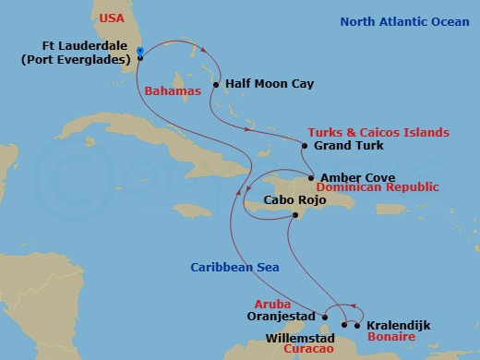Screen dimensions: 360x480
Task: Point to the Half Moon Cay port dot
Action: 215,85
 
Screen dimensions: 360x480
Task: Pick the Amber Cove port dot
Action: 311,177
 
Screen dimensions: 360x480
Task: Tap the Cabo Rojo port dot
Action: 294,215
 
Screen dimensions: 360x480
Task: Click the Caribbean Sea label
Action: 234,267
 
